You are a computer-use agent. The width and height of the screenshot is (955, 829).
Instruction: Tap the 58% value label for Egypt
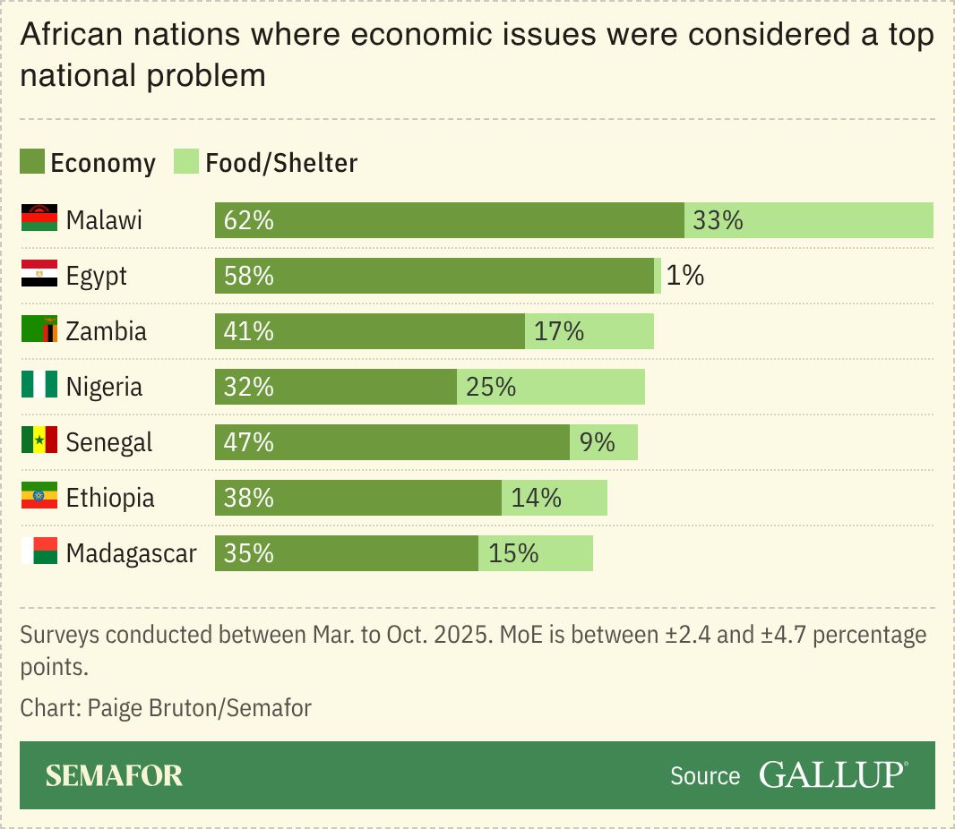(x=249, y=276)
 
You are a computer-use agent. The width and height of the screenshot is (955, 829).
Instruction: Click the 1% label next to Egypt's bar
(x=685, y=276)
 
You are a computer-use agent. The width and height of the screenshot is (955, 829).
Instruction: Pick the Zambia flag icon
(x=39, y=330)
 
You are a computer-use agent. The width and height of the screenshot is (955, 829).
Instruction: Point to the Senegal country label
(x=109, y=442)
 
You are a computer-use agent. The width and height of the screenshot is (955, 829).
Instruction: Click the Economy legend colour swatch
(x=32, y=162)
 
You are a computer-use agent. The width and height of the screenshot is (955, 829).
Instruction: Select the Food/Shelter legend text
(x=281, y=163)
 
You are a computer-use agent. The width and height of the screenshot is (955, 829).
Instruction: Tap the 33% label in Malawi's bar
(x=718, y=220)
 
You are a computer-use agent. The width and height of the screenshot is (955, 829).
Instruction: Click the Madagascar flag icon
(x=39, y=552)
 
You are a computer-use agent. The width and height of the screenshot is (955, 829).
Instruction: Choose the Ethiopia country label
(x=110, y=498)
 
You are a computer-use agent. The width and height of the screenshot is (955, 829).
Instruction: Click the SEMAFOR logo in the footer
(x=114, y=775)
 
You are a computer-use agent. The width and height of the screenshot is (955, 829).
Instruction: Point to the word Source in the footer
(x=705, y=776)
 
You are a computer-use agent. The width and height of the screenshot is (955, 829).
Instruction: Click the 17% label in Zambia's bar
(x=559, y=331)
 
